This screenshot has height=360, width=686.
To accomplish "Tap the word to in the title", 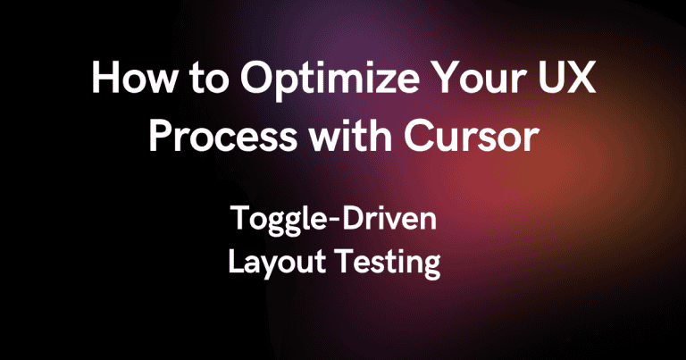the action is coord(209,80).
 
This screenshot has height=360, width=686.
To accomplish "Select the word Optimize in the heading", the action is coord(330,81).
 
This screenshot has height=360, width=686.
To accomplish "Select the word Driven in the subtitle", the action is coord(389,218).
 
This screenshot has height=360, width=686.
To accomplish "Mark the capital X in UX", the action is coord(581,79).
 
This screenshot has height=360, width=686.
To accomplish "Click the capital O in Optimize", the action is coord(257,79).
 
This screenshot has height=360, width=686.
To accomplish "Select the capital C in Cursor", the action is coord(421,136).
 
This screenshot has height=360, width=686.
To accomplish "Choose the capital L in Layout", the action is coord(236,262).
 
